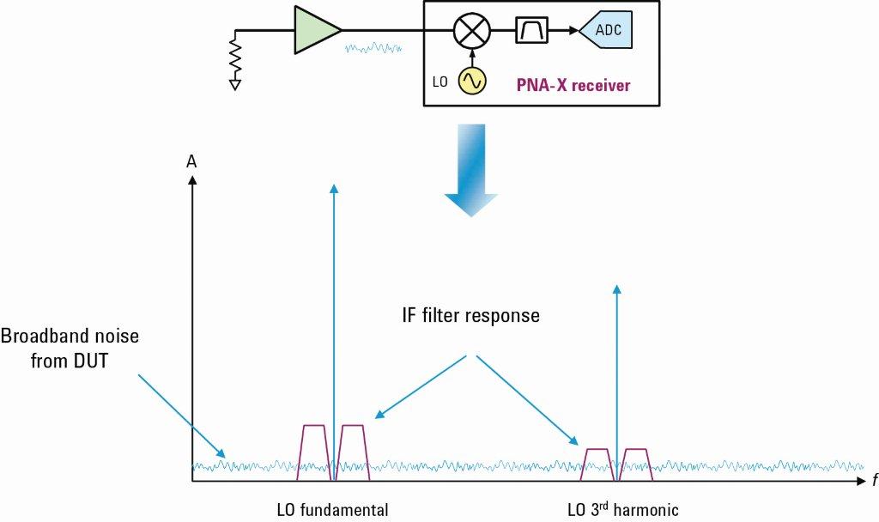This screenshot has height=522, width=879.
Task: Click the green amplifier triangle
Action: pos(313,32)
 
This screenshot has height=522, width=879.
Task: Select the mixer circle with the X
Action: pos(471,32)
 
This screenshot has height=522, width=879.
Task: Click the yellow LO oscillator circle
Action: pos(471,81)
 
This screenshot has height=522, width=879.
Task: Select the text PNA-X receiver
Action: pos(573,85)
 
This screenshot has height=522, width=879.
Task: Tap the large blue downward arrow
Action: pos(470,172)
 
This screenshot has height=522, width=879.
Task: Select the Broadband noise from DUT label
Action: pos(70,348)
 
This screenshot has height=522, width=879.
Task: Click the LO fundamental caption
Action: pos(333,509)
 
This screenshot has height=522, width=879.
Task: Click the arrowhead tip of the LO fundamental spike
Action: pos(334,186)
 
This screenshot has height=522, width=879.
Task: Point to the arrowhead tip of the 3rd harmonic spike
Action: pos(616,287)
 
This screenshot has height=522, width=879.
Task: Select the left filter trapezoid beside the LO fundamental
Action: pos(312,452)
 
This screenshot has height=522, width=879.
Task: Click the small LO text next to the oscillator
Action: pos(439,82)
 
